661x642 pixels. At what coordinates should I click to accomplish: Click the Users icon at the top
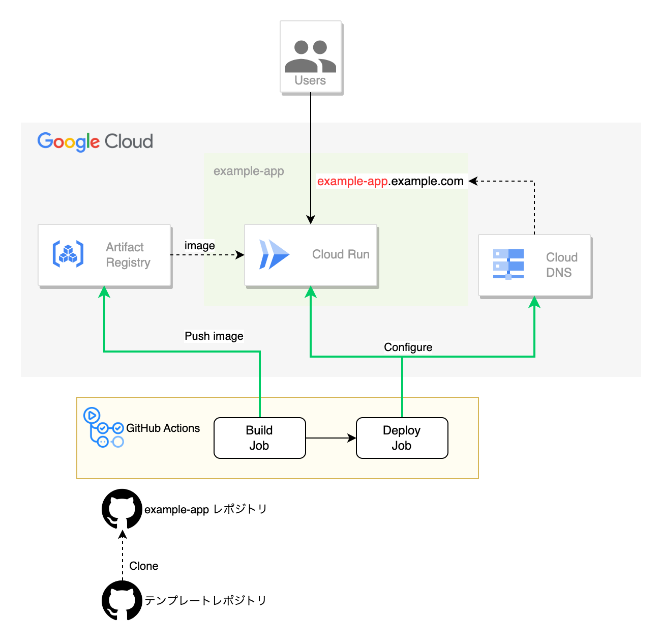pyautogui.click(x=310, y=56)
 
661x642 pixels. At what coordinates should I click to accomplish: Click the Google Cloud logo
pyautogui.click(x=95, y=141)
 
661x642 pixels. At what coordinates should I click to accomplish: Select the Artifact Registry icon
pyautogui.click(x=68, y=254)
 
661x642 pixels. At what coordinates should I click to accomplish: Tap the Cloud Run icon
pyautogui.click(x=274, y=254)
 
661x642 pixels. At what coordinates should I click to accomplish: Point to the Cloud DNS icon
pyautogui.click(x=508, y=264)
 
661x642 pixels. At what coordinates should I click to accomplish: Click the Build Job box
pyautogui.click(x=259, y=438)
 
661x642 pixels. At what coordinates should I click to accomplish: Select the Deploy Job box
pyautogui.click(x=402, y=438)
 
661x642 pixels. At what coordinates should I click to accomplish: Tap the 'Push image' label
pyautogui.click(x=214, y=336)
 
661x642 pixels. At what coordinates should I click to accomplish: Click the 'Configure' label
pyautogui.click(x=408, y=347)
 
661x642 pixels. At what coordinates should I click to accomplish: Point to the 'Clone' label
pyautogui.click(x=143, y=566)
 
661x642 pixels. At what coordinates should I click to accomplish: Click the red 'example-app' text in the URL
pyautogui.click(x=352, y=182)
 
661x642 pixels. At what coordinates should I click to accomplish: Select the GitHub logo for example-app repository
pyautogui.click(x=122, y=509)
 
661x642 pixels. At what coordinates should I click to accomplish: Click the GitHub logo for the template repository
pyautogui.click(x=122, y=601)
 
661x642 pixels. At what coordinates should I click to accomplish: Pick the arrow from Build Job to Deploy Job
pyautogui.click(x=330, y=438)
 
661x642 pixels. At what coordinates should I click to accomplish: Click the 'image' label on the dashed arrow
pyautogui.click(x=199, y=246)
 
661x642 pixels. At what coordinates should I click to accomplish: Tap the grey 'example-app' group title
pyautogui.click(x=249, y=171)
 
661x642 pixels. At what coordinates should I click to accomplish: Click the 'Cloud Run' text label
pyautogui.click(x=341, y=254)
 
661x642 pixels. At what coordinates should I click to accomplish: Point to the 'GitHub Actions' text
pyautogui.click(x=163, y=428)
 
